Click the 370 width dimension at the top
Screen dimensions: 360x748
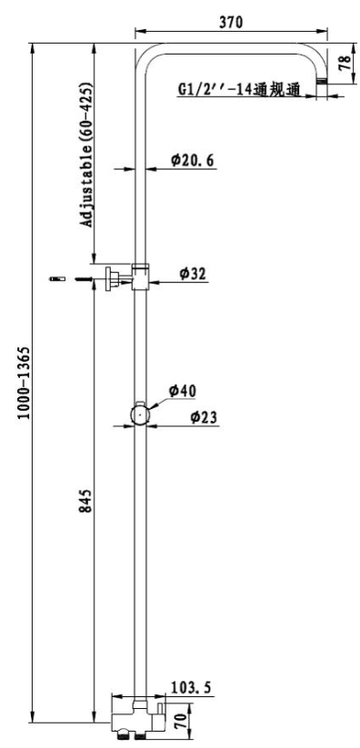point(231,22)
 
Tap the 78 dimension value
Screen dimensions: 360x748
point(345,64)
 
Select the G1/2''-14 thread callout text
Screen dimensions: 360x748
point(239,89)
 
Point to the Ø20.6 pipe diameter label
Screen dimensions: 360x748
point(193,160)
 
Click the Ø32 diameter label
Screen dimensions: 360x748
point(193,274)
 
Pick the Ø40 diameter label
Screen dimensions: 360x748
point(183,391)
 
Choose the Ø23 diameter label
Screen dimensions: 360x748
point(204,417)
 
